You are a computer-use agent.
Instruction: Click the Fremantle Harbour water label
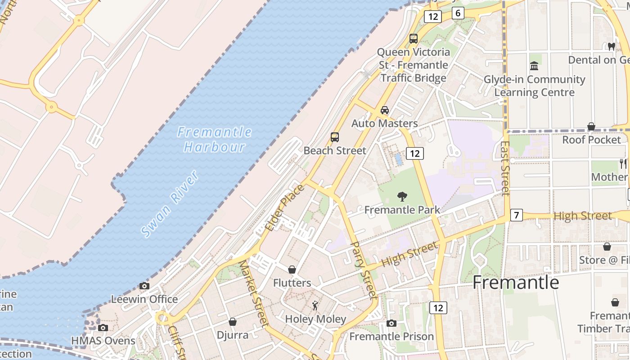[x=214, y=139]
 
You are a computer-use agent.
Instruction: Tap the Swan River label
[x=170, y=204]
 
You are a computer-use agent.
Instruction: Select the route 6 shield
[x=458, y=13]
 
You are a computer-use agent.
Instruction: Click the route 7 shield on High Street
[x=516, y=216]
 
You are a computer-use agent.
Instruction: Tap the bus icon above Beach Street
[x=334, y=137]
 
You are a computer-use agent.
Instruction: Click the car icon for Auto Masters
[x=385, y=110]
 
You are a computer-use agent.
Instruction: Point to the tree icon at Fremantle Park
[x=402, y=196]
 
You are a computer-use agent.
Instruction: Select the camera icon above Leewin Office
[x=144, y=286]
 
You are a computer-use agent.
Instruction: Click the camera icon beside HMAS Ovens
[x=103, y=328]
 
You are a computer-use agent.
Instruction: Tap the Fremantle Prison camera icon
[x=391, y=323]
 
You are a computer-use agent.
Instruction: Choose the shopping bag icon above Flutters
[x=292, y=270]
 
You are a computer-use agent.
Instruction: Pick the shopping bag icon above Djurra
[x=233, y=322]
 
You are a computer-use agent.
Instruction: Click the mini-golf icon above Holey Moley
[x=315, y=306]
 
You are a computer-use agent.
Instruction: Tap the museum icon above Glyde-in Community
[x=534, y=66]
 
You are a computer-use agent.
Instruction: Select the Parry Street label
[x=364, y=270]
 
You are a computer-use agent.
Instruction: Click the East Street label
[x=505, y=168]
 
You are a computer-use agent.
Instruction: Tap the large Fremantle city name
[x=516, y=282]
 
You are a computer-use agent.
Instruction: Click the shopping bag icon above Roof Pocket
[x=591, y=126]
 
